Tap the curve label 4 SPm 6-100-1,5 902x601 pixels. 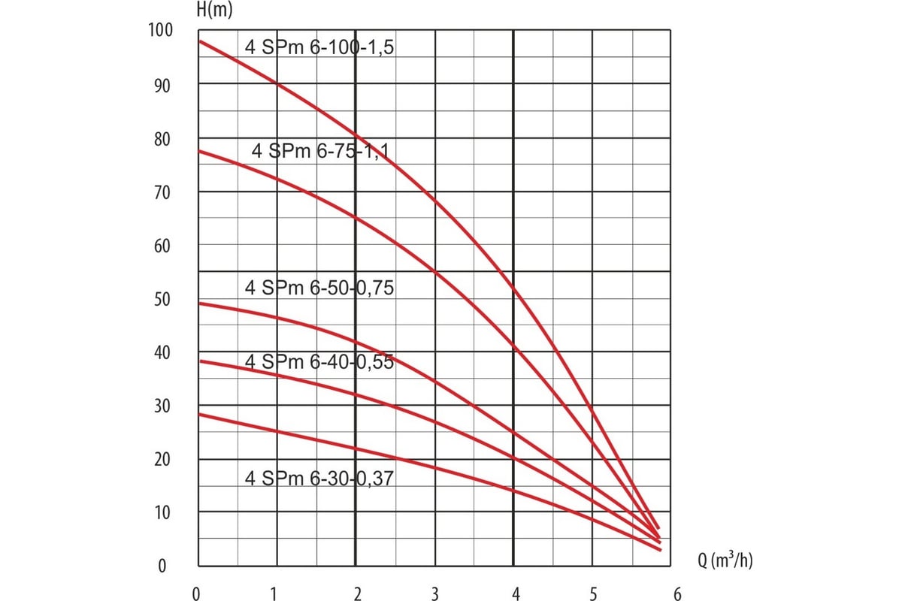(319, 47)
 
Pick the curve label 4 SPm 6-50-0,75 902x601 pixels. (319, 288)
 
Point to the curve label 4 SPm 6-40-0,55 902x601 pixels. (319, 362)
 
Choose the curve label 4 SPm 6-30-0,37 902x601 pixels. (319, 477)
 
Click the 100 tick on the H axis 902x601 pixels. (162, 31)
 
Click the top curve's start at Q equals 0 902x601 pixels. (198, 41)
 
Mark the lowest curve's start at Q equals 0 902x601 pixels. (198, 414)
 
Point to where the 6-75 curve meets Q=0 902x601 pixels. (198, 151)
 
